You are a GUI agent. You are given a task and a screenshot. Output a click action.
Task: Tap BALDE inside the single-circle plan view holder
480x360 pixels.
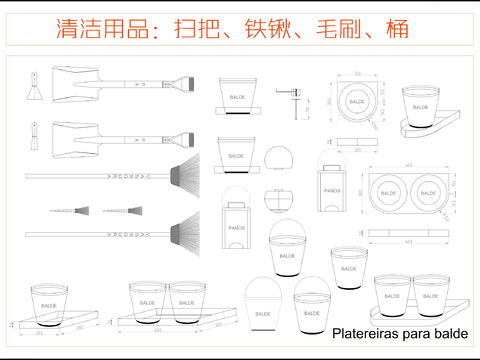(356, 101)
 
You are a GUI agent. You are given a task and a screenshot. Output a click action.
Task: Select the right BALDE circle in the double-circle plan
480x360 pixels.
(429, 191)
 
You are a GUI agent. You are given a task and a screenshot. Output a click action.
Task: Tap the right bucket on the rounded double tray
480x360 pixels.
(431, 297)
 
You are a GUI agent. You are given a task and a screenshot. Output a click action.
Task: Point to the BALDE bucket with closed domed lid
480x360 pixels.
(263, 301)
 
